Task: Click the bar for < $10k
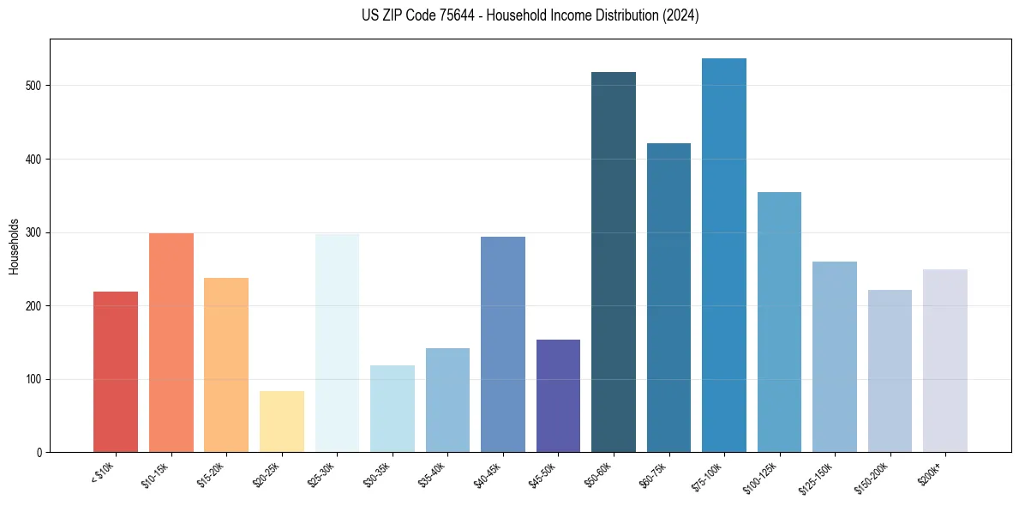tap(116, 371)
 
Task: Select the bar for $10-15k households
tap(171, 342)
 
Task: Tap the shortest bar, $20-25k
tap(282, 421)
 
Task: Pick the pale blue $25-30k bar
tap(337, 343)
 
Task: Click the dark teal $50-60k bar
tap(614, 262)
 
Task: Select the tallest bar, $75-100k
tap(724, 255)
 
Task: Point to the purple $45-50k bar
tap(558, 395)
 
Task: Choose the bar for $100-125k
tap(779, 322)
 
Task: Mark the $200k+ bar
tap(945, 360)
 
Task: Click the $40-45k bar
tap(503, 344)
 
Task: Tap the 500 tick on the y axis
tap(34, 86)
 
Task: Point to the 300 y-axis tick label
tap(34, 232)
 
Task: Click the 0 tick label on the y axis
tap(39, 452)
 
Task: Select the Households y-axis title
tap(14, 245)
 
